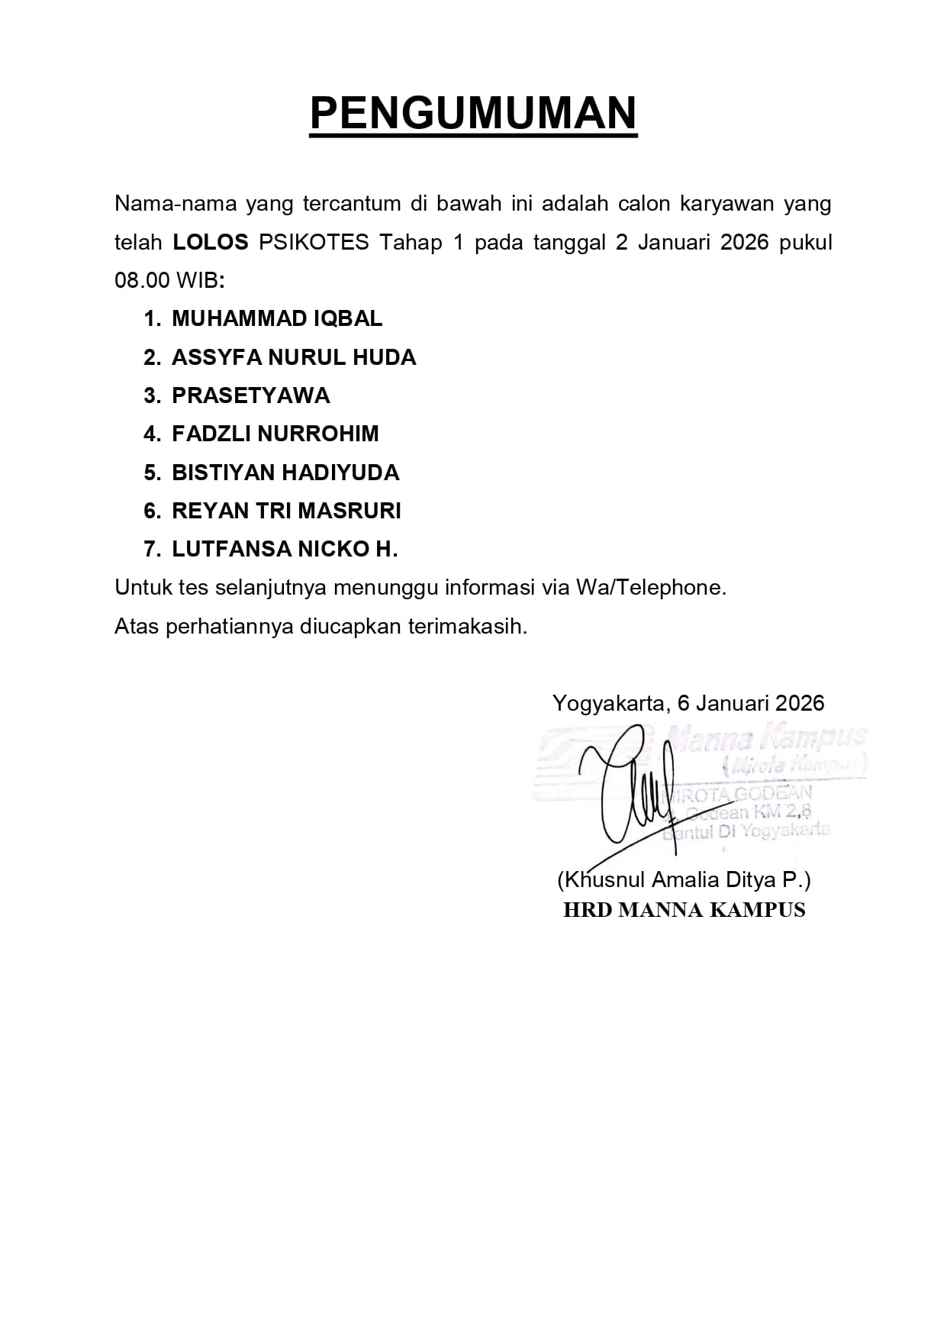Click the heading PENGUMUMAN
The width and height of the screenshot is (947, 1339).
[473, 114]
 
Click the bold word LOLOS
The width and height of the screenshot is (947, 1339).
[211, 243]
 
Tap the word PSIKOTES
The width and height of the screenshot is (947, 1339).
[314, 243]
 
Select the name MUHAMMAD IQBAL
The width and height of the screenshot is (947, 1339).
[277, 319]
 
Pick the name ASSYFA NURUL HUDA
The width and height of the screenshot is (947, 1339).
[294, 357]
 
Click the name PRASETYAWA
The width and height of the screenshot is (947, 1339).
[251, 395]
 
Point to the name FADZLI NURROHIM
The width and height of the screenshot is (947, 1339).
[275, 434]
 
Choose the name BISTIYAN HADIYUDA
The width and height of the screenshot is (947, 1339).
[285, 473]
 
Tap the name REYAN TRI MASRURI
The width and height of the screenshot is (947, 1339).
[286, 511]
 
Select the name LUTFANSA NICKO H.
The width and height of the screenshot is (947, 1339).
[285, 549]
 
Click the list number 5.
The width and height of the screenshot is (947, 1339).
[151, 473]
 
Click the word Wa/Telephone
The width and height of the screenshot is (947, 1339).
[650, 587]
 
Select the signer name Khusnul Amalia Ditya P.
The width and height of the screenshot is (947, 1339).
[684, 879]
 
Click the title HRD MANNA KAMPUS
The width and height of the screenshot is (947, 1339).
[684, 910]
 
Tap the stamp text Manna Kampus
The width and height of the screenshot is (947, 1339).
[767, 737]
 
